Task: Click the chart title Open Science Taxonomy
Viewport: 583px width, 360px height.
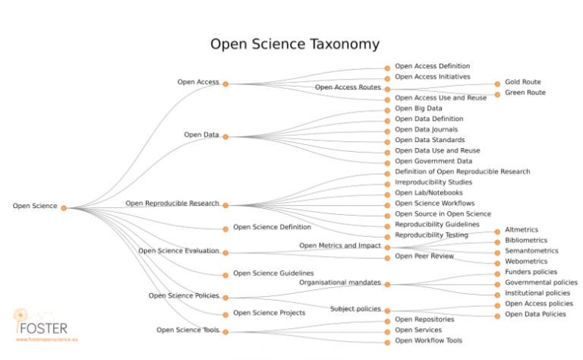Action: click(294, 44)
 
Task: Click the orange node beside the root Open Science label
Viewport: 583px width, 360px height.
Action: click(64, 207)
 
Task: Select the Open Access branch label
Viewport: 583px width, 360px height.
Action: click(198, 82)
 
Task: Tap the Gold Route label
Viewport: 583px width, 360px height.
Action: click(522, 82)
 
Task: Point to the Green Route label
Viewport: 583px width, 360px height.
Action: click(525, 93)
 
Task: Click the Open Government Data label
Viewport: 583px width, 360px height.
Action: click(433, 161)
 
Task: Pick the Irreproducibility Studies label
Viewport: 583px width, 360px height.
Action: click(433, 182)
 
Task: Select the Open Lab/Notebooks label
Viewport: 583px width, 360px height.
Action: click(429, 193)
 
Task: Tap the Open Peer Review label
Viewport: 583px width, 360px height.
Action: click(424, 256)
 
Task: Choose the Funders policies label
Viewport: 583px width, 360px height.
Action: click(531, 272)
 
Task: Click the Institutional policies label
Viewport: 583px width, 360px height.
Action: click(537, 293)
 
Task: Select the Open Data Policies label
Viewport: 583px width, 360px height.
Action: click(535, 314)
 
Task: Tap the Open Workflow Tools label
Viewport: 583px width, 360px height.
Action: click(428, 340)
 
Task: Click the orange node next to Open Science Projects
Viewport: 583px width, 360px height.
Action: click(225, 314)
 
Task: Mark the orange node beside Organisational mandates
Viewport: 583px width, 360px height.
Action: click(387, 284)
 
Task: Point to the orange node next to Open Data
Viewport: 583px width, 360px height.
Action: click(225, 137)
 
